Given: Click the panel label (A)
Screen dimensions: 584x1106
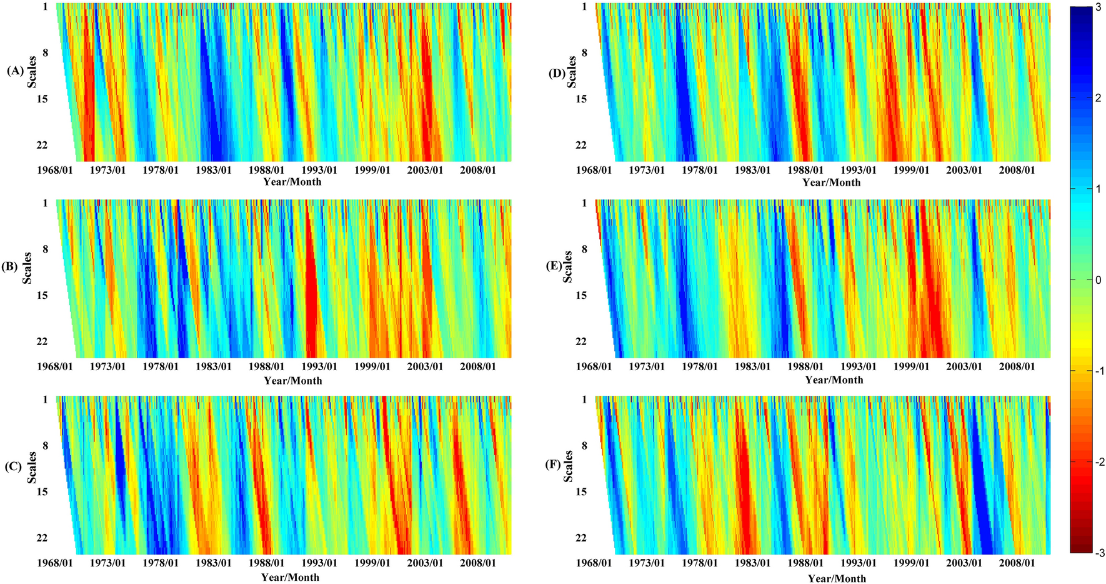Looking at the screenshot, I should click(15, 71).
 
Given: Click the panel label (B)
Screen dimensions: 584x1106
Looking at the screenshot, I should click(10, 267).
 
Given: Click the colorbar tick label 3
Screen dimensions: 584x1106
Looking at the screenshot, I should click(1098, 6).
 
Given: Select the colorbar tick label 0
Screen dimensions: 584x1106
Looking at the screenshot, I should click(1098, 279).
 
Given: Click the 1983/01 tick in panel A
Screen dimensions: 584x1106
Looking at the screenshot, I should click(214, 170).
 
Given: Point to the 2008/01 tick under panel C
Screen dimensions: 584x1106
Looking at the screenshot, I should click(478, 563).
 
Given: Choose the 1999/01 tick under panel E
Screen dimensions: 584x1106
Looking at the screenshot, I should click(910, 366).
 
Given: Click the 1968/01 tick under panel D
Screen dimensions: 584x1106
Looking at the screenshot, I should click(594, 170).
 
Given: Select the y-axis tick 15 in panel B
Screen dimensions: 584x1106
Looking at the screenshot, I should click(42, 295).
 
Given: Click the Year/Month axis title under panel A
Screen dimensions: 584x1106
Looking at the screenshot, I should click(292, 182).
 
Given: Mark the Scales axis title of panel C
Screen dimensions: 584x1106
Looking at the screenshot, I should click(32, 467).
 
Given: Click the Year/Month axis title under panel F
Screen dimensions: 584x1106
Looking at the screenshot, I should click(837, 578).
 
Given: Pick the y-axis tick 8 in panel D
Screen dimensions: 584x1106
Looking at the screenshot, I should click(584, 53).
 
